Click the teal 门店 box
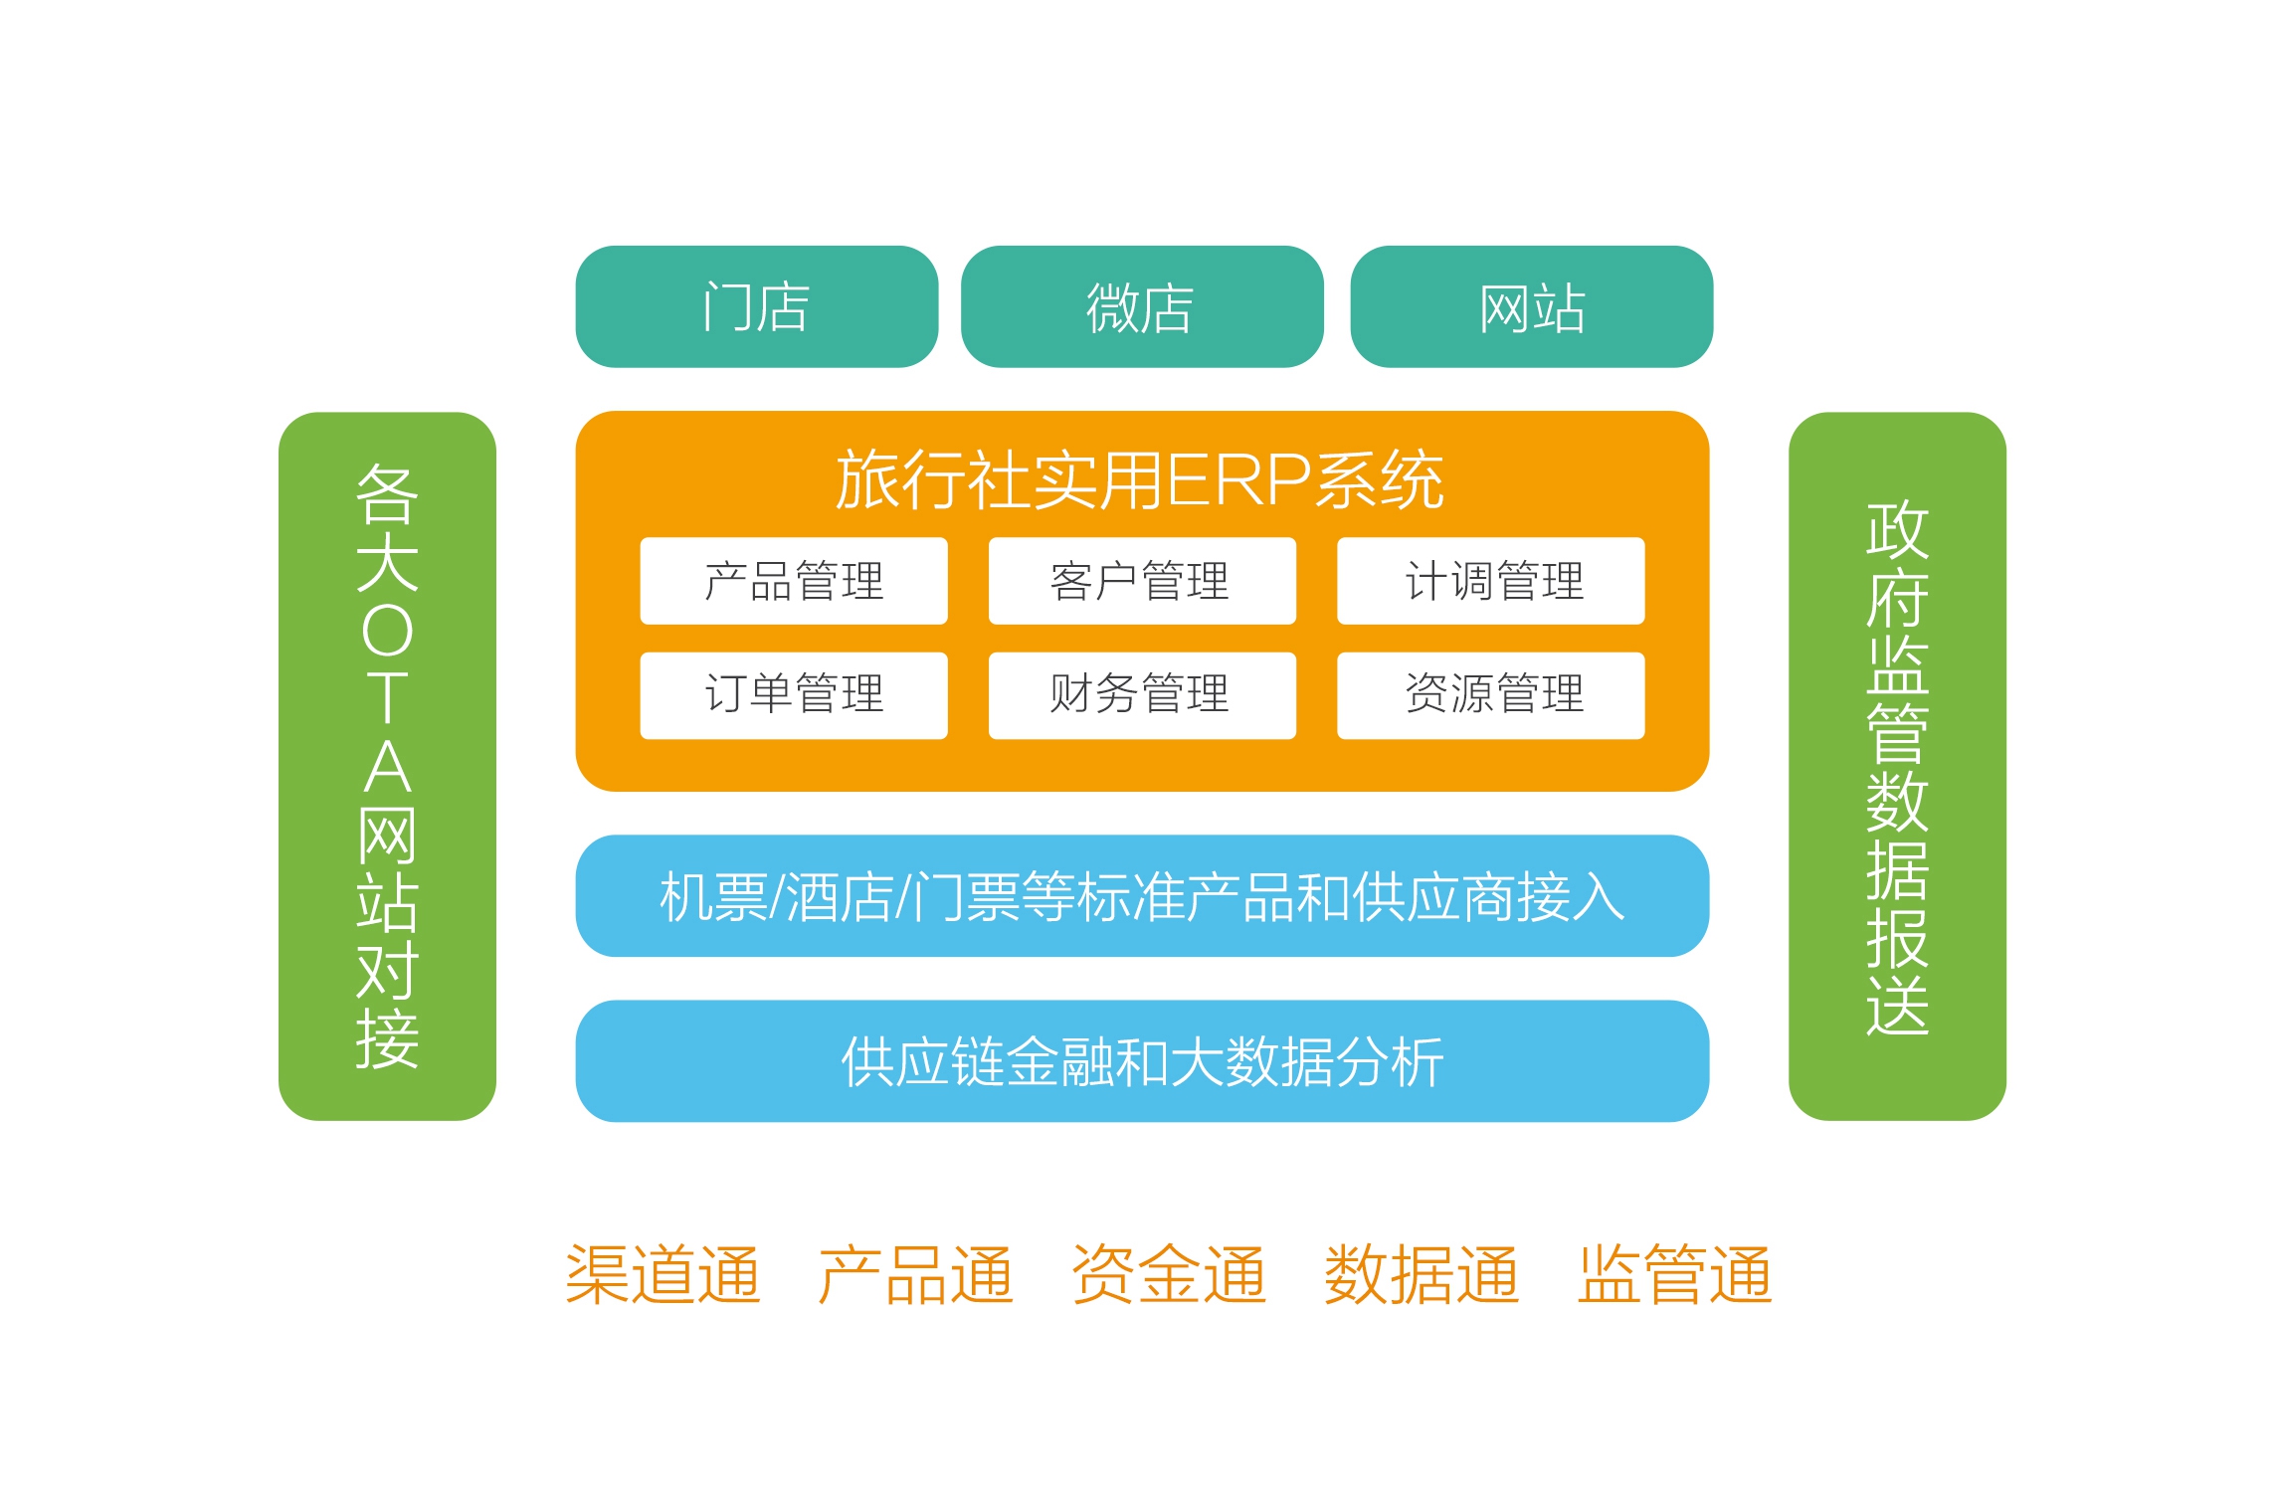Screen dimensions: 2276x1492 [756, 306]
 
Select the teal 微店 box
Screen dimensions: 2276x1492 [1142, 306]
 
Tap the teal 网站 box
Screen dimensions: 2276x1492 [1531, 306]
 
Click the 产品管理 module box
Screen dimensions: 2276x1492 [794, 581]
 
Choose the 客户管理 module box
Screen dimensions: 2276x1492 [1142, 581]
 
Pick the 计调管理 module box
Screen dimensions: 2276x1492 [1491, 581]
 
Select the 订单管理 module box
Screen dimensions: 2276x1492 [794, 695]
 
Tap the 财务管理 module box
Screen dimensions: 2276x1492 [1142, 695]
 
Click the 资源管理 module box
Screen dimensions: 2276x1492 [1491, 695]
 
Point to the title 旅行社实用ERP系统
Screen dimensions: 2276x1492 [1140, 480]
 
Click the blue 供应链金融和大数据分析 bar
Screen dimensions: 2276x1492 [1142, 1061]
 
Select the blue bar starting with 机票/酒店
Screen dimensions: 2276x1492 [1142, 895]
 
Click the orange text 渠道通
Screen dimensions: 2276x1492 [663, 1274]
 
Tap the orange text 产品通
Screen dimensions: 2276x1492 [915, 1274]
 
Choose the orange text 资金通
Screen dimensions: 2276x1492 [1168, 1274]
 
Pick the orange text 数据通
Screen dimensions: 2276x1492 [1421, 1274]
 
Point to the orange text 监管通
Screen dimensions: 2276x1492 [1674, 1274]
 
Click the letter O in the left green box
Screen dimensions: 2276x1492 [387, 631]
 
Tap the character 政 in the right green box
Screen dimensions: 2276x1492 [1897, 530]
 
